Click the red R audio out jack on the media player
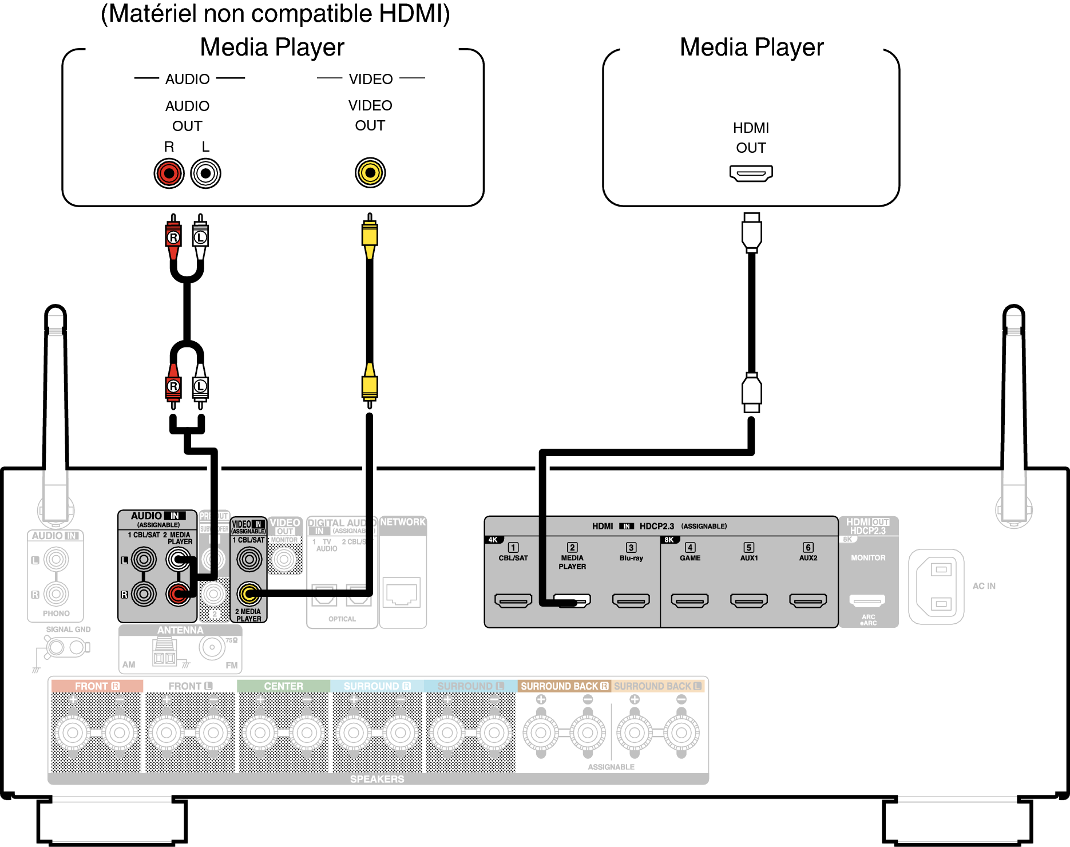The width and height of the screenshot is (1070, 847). pos(169,173)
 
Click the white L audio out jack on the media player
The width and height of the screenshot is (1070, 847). pos(205,173)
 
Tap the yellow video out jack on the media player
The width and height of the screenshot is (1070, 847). pos(370,172)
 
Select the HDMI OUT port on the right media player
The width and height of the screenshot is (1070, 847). pos(751,173)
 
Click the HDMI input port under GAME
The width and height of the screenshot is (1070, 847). pos(689,600)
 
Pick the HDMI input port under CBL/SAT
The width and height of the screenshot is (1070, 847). pos(513,600)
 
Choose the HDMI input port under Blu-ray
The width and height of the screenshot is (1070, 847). pos(631,600)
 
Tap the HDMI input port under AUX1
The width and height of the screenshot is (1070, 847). pos(748,600)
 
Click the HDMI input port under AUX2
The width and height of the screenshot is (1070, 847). pos(807,600)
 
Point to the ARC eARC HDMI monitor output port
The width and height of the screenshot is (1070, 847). pos(867,600)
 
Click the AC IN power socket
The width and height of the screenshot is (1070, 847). pos(936,587)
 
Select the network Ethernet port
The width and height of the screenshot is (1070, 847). pos(402,592)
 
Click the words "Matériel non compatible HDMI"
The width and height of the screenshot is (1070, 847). pos(275,14)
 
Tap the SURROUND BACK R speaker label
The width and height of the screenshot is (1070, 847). pos(564,686)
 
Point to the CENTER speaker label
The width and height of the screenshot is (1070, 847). pos(283,686)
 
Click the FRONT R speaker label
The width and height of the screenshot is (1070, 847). pos(97,686)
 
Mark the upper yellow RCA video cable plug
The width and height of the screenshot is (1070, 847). pos(370,235)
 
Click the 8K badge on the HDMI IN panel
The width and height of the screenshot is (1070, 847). pos(669,540)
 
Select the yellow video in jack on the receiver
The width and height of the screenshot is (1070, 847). pos(249,594)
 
